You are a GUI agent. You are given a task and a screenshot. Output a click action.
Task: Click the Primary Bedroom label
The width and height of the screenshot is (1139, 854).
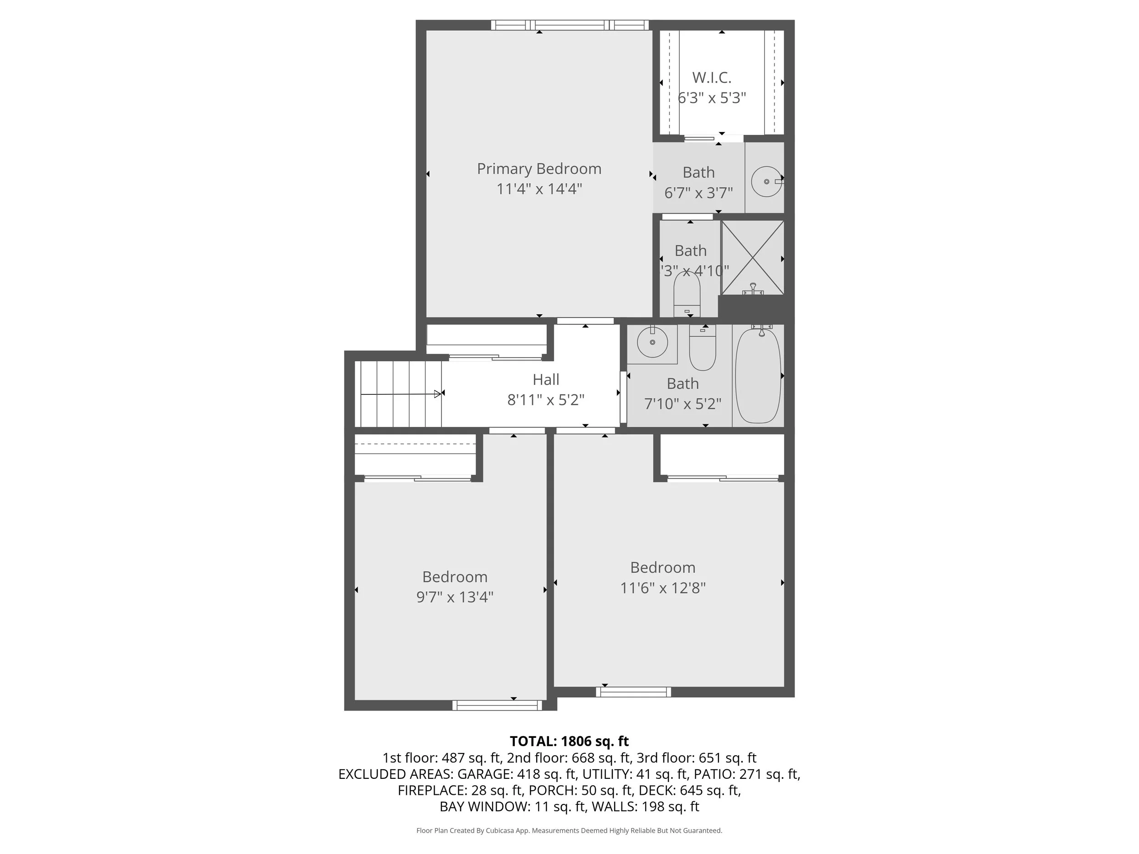539,169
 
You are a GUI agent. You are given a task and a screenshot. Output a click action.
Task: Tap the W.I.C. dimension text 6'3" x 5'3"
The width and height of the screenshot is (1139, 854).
712,98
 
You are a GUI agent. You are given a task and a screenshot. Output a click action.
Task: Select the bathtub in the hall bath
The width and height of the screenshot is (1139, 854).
758,376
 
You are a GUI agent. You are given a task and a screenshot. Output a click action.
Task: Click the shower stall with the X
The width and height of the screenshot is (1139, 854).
752,257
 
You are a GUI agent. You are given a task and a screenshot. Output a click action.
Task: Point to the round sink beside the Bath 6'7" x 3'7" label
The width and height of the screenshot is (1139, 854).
766,181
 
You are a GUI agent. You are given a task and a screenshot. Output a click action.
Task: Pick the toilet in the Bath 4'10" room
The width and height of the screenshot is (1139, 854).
687,296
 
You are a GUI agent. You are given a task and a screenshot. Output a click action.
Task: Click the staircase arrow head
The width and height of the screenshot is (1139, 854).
438,394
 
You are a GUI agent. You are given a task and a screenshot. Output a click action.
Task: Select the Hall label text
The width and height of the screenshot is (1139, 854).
546,380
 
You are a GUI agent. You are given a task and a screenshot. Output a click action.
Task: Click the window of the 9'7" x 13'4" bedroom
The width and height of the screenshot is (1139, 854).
497,705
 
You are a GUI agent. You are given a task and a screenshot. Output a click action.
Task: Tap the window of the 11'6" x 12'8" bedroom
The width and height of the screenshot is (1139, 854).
633,692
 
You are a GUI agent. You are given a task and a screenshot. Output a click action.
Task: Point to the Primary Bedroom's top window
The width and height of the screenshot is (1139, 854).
569,25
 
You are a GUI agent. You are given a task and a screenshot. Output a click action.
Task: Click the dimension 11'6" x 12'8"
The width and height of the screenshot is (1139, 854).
663,588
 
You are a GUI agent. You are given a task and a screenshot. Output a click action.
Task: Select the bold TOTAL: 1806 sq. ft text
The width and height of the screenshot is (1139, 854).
569,741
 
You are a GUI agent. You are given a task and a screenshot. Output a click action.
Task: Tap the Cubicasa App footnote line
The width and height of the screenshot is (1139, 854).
569,830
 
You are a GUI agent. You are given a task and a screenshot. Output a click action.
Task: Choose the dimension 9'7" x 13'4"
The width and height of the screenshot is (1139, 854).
455,597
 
